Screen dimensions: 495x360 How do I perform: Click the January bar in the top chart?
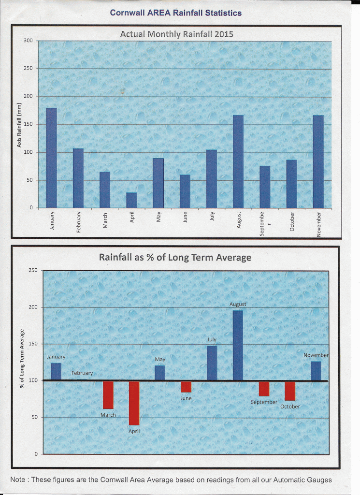[x=51, y=158]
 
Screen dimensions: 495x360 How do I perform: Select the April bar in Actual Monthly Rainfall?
[x=131, y=200]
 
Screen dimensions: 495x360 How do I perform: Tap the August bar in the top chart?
[x=238, y=161]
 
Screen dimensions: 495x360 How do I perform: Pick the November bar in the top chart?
[x=318, y=161]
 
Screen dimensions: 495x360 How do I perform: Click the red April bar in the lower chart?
[x=134, y=403]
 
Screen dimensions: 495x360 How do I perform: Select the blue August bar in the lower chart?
[x=238, y=345]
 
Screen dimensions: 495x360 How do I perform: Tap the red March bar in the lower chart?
[x=108, y=395]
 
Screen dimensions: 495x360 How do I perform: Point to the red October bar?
[x=290, y=391]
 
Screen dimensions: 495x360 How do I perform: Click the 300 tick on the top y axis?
[x=28, y=41]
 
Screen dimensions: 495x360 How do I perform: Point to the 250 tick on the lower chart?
[x=33, y=270]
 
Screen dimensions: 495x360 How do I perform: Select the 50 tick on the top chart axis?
[x=29, y=180]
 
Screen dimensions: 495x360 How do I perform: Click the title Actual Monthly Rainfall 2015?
[x=176, y=34]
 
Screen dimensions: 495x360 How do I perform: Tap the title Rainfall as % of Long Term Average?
[x=175, y=257]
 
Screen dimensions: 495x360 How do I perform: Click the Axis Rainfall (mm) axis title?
[x=20, y=126]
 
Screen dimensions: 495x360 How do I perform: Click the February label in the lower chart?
[x=82, y=373]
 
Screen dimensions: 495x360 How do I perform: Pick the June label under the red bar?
[x=186, y=398]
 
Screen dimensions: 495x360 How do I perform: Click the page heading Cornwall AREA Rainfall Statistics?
[x=176, y=13]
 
